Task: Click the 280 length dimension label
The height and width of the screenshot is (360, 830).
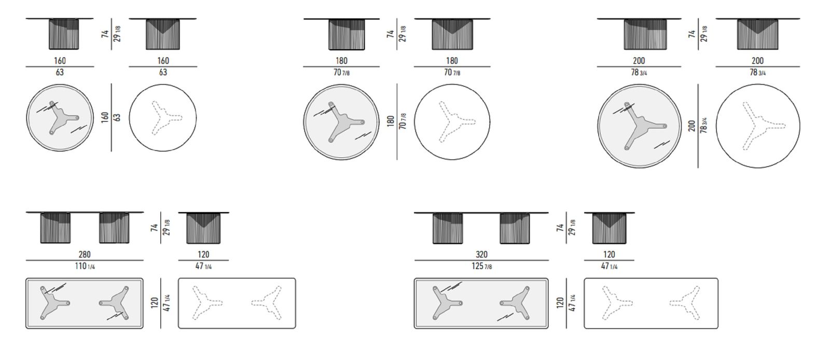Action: pos(85,255)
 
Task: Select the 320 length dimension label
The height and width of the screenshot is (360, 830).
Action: pos(481,255)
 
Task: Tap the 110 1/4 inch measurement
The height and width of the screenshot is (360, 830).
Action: pos(85,266)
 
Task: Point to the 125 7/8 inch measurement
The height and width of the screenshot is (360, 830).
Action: pos(482,266)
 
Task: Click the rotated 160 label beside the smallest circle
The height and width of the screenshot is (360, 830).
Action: pos(105,117)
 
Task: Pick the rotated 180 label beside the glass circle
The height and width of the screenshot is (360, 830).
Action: pos(390,121)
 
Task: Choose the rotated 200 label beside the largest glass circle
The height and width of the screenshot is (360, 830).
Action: pos(691,126)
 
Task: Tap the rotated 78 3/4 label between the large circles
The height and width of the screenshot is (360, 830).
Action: pos(703,125)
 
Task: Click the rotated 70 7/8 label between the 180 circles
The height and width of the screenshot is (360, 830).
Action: pos(402,121)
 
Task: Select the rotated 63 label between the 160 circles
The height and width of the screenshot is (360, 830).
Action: pos(117,117)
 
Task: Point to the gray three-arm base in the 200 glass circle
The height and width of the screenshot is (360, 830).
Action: pos(642,126)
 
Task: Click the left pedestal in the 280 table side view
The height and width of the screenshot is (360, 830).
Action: pos(55,228)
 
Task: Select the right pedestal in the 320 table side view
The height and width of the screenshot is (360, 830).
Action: pos(515,228)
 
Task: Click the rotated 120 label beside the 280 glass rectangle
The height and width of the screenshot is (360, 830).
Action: pos(155,303)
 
